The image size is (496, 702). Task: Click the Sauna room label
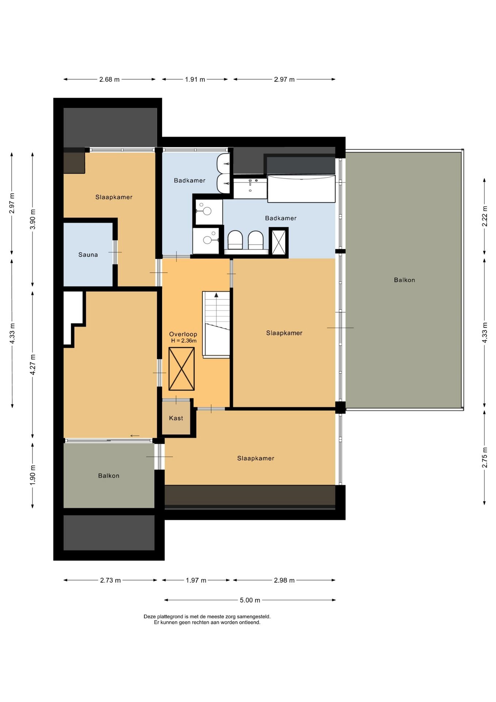(88, 255)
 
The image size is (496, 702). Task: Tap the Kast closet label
(176, 418)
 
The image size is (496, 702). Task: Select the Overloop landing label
(183, 334)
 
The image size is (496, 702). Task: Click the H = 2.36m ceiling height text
(184, 341)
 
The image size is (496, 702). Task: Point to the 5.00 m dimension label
(250, 600)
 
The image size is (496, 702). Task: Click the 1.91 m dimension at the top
(195, 79)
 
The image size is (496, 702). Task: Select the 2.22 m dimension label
(485, 216)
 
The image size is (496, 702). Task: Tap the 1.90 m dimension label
(33, 475)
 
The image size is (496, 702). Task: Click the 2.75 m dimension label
(485, 457)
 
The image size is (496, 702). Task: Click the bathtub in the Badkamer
(301, 189)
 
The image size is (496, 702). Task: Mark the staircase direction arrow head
(216, 295)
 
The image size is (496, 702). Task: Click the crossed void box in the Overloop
(182, 369)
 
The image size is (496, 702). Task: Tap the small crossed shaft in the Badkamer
(279, 243)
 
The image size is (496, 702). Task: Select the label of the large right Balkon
(404, 280)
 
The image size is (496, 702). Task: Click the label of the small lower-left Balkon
(109, 476)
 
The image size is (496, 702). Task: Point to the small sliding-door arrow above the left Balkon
(135, 435)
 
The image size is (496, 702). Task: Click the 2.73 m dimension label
(110, 580)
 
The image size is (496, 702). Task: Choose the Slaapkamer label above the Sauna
(114, 197)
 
